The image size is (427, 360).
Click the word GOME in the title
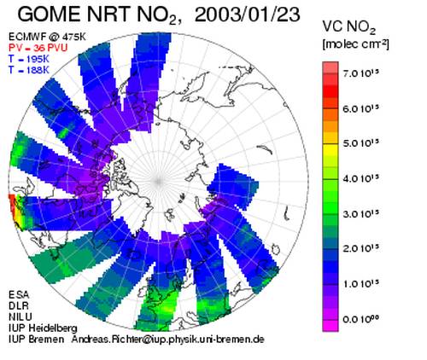(x=50, y=15)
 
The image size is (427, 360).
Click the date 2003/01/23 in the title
(x=248, y=15)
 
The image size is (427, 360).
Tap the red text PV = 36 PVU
(x=38, y=48)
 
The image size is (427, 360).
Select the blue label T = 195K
(x=29, y=59)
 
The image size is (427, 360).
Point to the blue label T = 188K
(x=29, y=70)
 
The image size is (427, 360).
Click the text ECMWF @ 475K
(x=47, y=37)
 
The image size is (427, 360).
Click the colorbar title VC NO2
(x=349, y=27)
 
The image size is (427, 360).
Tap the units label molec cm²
(x=355, y=44)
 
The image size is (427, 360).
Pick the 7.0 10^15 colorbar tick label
(x=361, y=73)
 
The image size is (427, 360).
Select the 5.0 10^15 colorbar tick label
(x=361, y=143)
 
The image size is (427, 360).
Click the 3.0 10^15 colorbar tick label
(x=361, y=213)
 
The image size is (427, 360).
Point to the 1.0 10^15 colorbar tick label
(x=361, y=283)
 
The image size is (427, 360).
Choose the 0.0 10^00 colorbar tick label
(x=361, y=319)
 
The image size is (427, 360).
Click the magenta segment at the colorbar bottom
(x=330, y=326)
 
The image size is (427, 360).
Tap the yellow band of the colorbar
(x=330, y=149)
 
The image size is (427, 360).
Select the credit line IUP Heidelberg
(x=43, y=328)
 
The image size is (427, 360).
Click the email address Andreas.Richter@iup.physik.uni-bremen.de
(x=168, y=340)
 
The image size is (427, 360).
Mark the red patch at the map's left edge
(x=11, y=203)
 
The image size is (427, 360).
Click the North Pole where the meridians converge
(x=159, y=181)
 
